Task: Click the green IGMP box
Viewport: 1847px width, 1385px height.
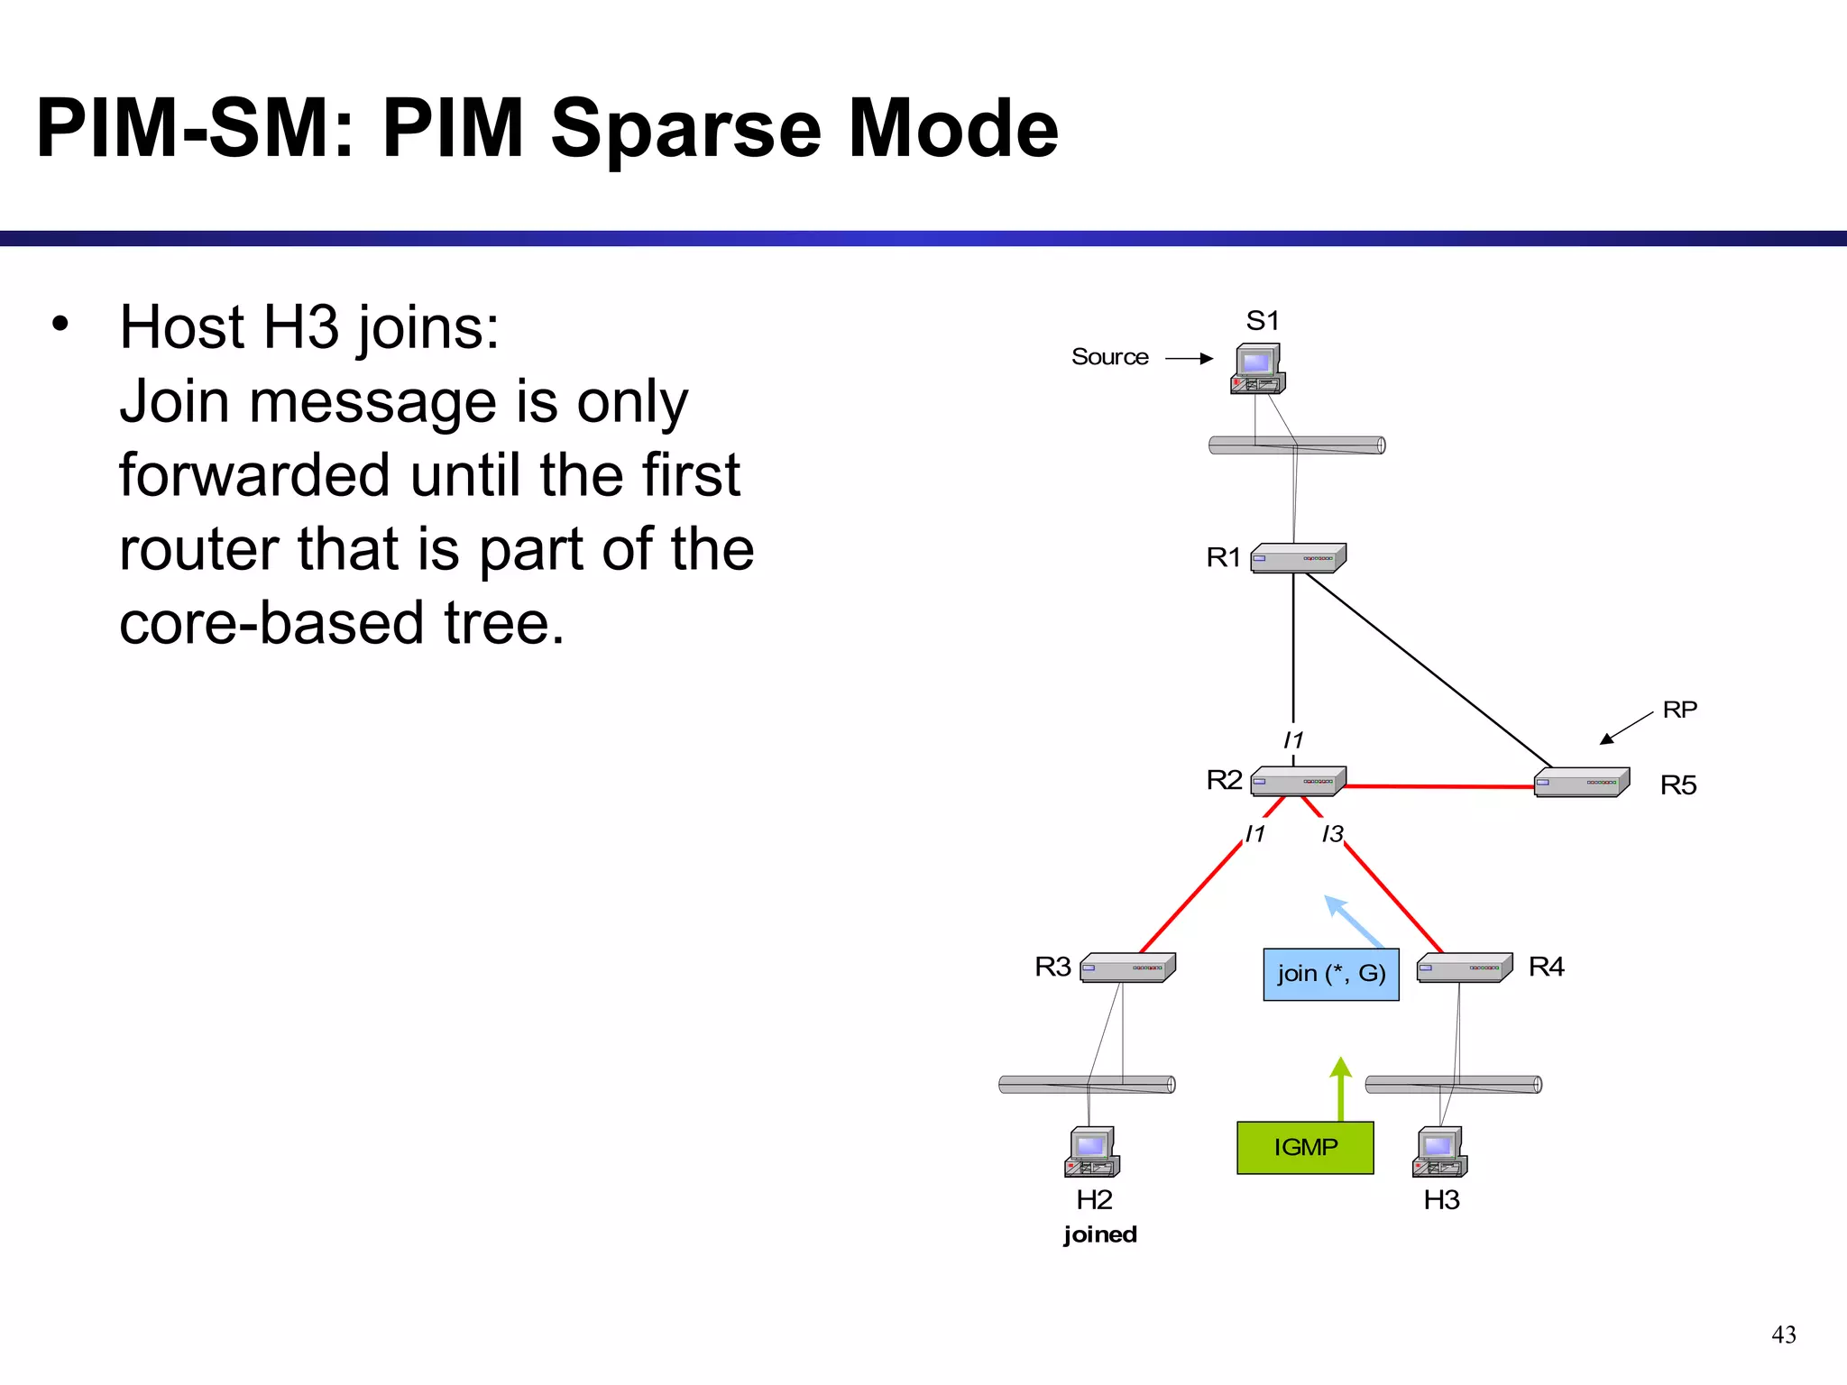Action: click(1305, 1147)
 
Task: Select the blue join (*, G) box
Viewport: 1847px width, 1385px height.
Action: click(1331, 974)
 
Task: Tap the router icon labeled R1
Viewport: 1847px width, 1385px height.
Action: click(1298, 558)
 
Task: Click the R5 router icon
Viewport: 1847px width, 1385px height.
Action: click(1582, 782)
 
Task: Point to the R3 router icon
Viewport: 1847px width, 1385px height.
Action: click(1127, 968)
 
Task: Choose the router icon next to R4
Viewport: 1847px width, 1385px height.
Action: click(1465, 968)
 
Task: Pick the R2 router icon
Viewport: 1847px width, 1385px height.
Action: click(1298, 781)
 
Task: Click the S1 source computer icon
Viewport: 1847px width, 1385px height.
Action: click(1257, 369)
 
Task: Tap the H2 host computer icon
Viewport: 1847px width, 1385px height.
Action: click(1092, 1152)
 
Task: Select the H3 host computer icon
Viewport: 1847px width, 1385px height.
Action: click(1440, 1152)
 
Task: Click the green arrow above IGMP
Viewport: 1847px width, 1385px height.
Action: click(1341, 1087)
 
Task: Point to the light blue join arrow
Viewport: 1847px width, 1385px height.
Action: click(1353, 920)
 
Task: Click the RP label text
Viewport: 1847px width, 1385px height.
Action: click(1679, 710)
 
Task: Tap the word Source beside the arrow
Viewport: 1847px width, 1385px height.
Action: click(1109, 357)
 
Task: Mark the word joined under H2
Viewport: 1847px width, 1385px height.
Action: click(1100, 1234)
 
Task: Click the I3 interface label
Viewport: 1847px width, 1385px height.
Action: click(1332, 834)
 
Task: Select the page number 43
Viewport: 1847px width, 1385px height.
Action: click(1783, 1335)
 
